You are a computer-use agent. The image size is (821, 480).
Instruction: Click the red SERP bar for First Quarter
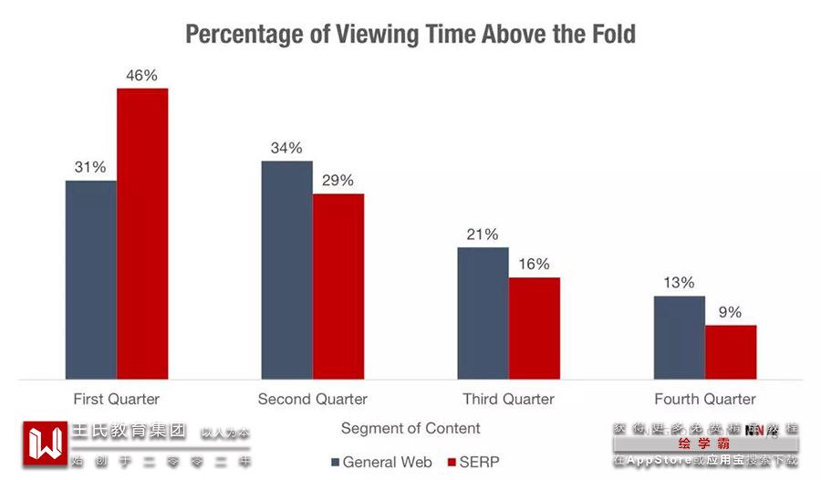[x=142, y=234]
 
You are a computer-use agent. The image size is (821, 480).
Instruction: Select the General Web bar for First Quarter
[x=91, y=279]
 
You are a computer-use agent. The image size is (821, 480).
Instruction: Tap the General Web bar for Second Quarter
[x=286, y=270]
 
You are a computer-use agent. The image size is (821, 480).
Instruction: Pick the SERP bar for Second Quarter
[x=338, y=287]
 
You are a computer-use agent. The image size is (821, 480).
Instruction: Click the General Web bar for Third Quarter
[x=483, y=313]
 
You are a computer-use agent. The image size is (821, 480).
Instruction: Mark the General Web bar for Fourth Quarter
[x=679, y=337]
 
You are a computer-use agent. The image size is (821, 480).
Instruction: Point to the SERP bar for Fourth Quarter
[x=731, y=352]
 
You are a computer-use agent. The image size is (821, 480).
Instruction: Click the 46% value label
[x=142, y=76]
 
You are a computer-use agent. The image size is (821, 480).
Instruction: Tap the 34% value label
[x=286, y=148]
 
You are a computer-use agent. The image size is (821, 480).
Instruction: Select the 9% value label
[x=731, y=312]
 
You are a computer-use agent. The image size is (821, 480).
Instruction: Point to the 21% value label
[x=483, y=235]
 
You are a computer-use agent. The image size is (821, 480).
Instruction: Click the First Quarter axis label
[x=116, y=399]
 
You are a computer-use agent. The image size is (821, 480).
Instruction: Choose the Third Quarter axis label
[x=508, y=399]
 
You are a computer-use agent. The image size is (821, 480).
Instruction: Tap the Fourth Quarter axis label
[x=704, y=399]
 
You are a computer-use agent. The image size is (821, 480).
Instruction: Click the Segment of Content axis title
[x=410, y=428]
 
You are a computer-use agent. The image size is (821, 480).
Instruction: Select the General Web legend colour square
[x=335, y=462]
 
